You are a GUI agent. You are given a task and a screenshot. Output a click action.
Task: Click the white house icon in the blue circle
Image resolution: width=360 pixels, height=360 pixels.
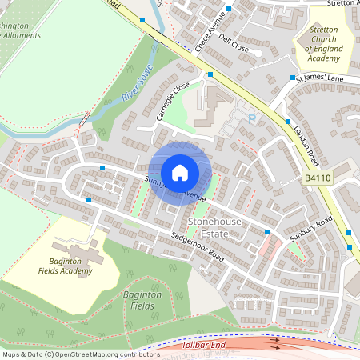(x=180, y=172)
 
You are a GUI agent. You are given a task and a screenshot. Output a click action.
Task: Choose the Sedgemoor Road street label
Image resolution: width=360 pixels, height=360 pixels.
(x=198, y=247)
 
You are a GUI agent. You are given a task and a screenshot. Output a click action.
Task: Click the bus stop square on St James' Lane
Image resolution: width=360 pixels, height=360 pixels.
(x=294, y=78)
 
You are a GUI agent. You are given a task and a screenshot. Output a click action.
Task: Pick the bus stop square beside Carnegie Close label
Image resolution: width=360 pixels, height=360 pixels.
(x=210, y=74)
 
